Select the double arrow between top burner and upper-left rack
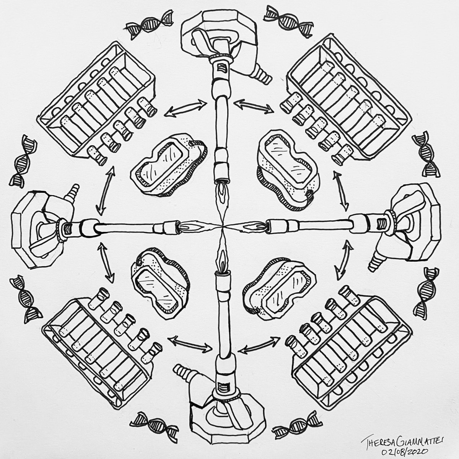[x=185, y=108]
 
